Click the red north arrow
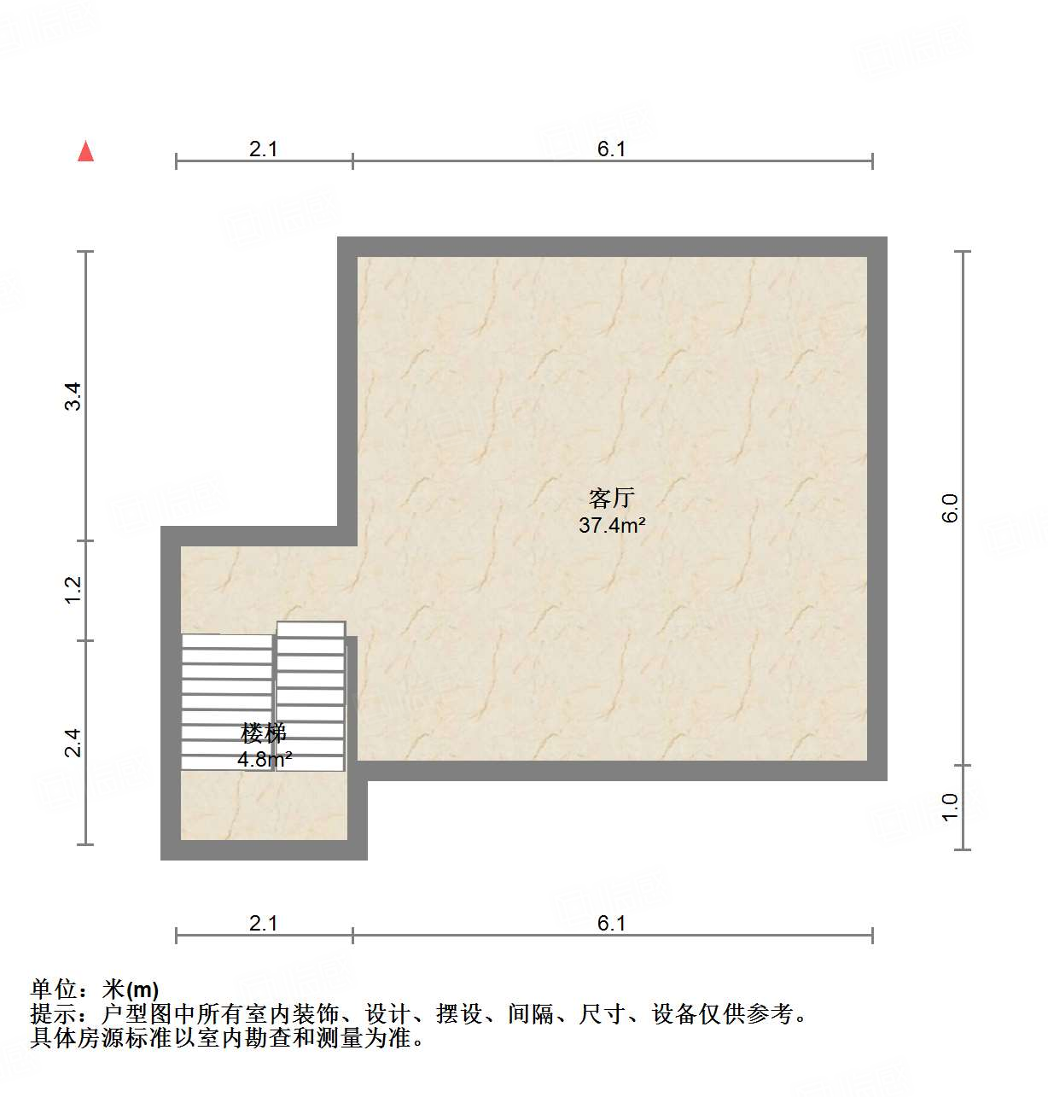pyautogui.click(x=85, y=151)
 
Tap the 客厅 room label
pyautogui.click(x=611, y=498)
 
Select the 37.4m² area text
pyautogui.click(x=611, y=525)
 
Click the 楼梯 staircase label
pyautogui.click(x=263, y=732)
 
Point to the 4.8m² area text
pyautogui.click(x=265, y=758)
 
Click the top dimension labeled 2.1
pyautogui.click(x=263, y=149)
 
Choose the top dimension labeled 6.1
pyautogui.click(x=611, y=149)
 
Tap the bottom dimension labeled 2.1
pyautogui.click(x=263, y=923)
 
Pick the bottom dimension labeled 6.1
pyautogui.click(x=611, y=923)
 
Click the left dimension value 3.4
pyautogui.click(x=74, y=396)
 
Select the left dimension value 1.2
pyautogui.click(x=74, y=589)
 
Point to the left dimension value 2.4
pyautogui.click(x=74, y=742)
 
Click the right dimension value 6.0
pyautogui.click(x=950, y=508)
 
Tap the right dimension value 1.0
pyautogui.click(x=950, y=807)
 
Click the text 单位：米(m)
pyautogui.click(x=94, y=989)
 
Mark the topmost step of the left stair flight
pyautogui.click(x=227, y=641)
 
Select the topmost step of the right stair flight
pyautogui.click(x=311, y=629)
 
